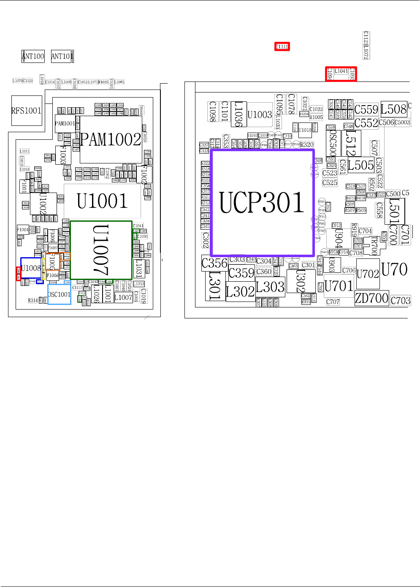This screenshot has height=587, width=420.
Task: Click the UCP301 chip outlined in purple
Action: [x=262, y=202]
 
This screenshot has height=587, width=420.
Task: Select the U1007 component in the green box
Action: [x=101, y=250]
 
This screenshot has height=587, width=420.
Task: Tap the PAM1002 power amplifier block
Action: [x=111, y=139]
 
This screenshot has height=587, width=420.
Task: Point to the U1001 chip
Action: [x=102, y=201]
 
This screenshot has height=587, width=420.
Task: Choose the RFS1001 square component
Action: [x=26, y=111]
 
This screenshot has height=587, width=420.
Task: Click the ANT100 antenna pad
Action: [x=33, y=56]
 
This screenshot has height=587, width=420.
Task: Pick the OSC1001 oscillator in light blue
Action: [x=59, y=294]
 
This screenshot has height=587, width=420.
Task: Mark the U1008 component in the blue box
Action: [x=31, y=268]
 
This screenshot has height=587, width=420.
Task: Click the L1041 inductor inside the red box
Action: [x=341, y=71]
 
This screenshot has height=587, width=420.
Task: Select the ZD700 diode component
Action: [x=371, y=298]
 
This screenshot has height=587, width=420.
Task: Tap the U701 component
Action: [x=339, y=286]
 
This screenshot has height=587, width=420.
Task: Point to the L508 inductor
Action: [x=393, y=109]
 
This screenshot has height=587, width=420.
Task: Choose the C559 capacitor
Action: [x=366, y=110]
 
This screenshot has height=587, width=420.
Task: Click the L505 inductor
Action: [x=360, y=165]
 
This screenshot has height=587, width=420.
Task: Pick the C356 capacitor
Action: [x=214, y=263]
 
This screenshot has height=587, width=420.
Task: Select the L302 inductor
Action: [x=240, y=292]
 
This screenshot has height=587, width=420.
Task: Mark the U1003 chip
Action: [x=260, y=115]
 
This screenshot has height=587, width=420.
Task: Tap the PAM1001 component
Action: [x=65, y=123]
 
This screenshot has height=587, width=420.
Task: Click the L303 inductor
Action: [x=270, y=288]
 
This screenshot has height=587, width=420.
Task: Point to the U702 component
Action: [x=368, y=274]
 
